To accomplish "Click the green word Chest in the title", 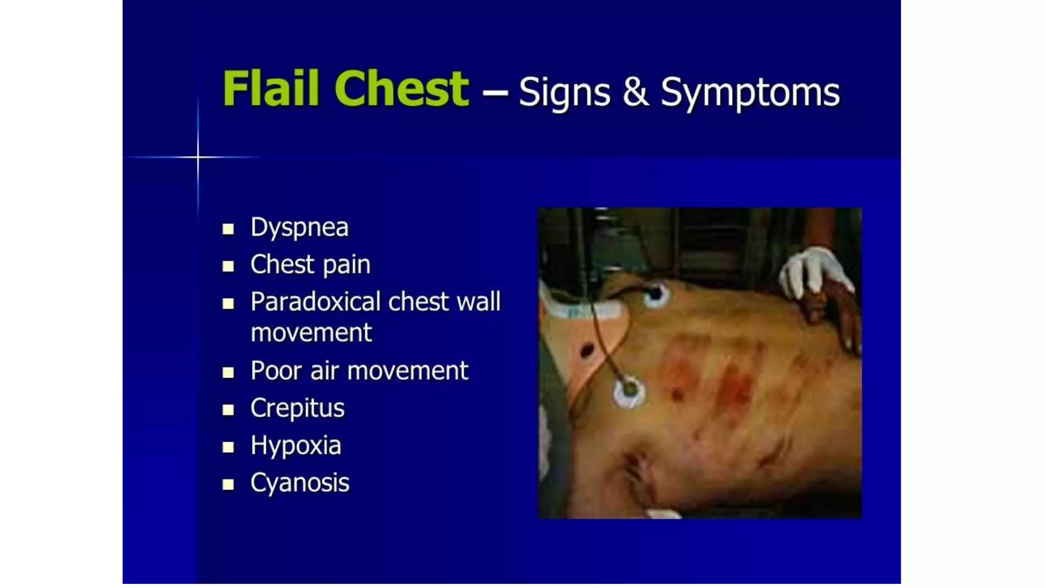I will (402, 89).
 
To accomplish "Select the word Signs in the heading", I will (564, 93).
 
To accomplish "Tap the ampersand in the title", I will (635, 92).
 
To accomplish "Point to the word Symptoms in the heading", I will (750, 93).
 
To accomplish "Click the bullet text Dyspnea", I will (300, 228).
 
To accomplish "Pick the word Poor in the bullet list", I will (276, 371).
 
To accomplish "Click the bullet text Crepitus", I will (297, 408).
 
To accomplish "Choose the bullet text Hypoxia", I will (295, 446).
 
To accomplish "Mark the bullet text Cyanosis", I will (300, 483).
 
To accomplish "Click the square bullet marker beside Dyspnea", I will (228, 229).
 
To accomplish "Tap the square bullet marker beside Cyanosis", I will (228, 484).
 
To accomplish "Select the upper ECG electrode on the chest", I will (655, 295).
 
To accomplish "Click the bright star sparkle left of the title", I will (198, 157).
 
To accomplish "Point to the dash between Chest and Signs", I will (494, 93).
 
